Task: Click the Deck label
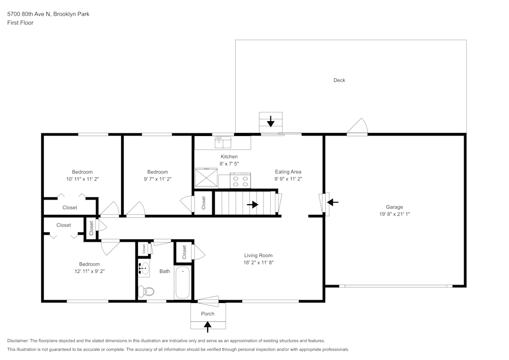click(x=339, y=80)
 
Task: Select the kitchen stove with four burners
click(x=241, y=180)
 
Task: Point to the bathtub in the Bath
click(x=182, y=283)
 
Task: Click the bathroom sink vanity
click(x=144, y=269)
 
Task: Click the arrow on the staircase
click(x=252, y=204)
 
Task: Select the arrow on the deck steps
click(x=271, y=121)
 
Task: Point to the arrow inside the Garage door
click(x=332, y=202)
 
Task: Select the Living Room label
click(x=258, y=256)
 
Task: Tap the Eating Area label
click(x=288, y=172)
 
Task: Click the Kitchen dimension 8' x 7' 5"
click(x=229, y=164)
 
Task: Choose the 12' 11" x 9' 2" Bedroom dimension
click(x=89, y=271)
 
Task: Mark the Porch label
click(x=208, y=314)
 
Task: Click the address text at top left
click(x=48, y=14)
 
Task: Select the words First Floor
click(x=20, y=23)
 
